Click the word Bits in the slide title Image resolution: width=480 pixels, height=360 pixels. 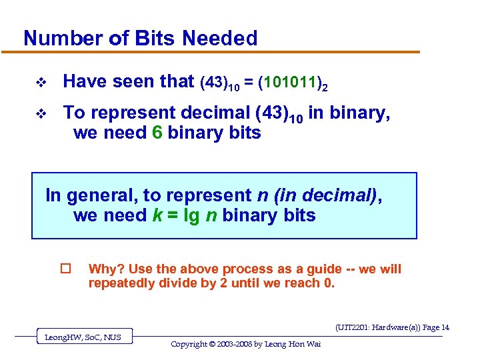[x=156, y=38]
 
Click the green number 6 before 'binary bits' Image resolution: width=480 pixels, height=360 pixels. [x=157, y=133]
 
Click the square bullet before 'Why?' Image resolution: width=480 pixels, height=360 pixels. [x=65, y=269]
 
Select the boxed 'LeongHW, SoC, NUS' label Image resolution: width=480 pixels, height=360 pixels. [x=83, y=337]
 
